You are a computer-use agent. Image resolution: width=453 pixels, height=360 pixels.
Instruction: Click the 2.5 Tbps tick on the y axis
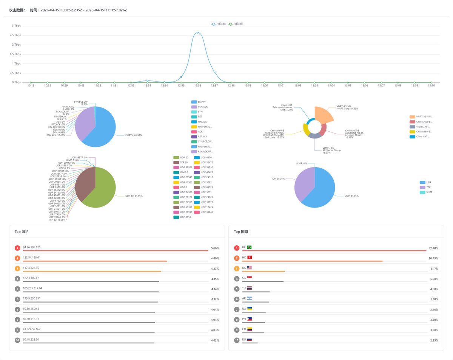point(15,35)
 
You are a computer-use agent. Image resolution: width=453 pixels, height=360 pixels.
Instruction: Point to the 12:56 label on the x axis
point(197,86)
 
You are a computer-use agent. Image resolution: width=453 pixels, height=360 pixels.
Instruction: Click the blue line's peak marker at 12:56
point(197,33)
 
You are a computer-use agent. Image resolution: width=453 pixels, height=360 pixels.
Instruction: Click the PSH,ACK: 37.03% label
point(56,135)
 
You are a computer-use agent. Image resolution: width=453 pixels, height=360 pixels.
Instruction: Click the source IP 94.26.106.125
point(32,247)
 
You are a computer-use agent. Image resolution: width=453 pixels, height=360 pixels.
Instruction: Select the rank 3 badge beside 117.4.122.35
point(17,269)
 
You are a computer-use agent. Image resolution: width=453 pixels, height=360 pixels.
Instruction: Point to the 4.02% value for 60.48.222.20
point(215,340)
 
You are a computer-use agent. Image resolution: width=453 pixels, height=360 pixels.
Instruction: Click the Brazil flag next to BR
point(249,247)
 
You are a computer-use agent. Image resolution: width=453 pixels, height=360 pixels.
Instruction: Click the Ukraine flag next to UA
point(249,309)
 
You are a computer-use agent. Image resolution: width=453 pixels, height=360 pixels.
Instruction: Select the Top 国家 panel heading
point(241,232)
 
